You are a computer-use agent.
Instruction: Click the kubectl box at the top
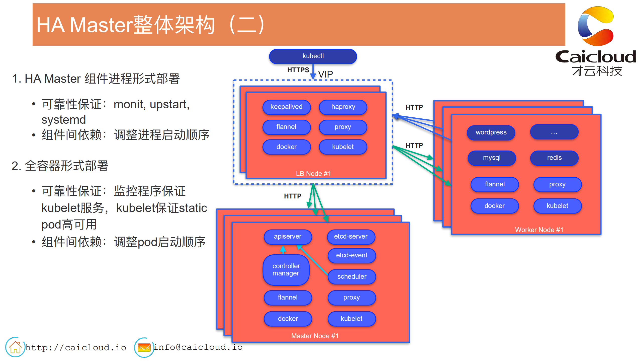[313, 56]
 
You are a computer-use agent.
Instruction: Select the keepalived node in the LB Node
[286, 107]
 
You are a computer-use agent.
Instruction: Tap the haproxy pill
[343, 107]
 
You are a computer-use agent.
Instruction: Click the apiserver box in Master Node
[288, 237]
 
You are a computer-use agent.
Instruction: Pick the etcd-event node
[351, 255]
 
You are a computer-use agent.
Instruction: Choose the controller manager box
[286, 270]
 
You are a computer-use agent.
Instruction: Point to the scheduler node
[351, 276]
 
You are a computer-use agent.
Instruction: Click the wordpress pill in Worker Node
[491, 132]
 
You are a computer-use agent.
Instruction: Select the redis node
[554, 158]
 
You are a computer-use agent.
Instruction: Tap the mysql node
[492, 158]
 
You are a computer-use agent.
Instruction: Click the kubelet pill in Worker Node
[557, 206]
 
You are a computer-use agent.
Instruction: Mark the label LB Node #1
[313, 174]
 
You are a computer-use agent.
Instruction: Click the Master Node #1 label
[315, 336]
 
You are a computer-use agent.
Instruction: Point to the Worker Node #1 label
[539, 230]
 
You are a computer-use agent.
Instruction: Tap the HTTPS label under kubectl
[298, 70]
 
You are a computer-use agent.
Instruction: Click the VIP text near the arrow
[325, 74]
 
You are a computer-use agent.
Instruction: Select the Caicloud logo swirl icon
[596, 26]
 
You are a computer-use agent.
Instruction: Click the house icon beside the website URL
[15, 347]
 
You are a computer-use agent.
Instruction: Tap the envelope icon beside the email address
[144, 347]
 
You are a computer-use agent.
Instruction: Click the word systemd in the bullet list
[63, 120]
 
